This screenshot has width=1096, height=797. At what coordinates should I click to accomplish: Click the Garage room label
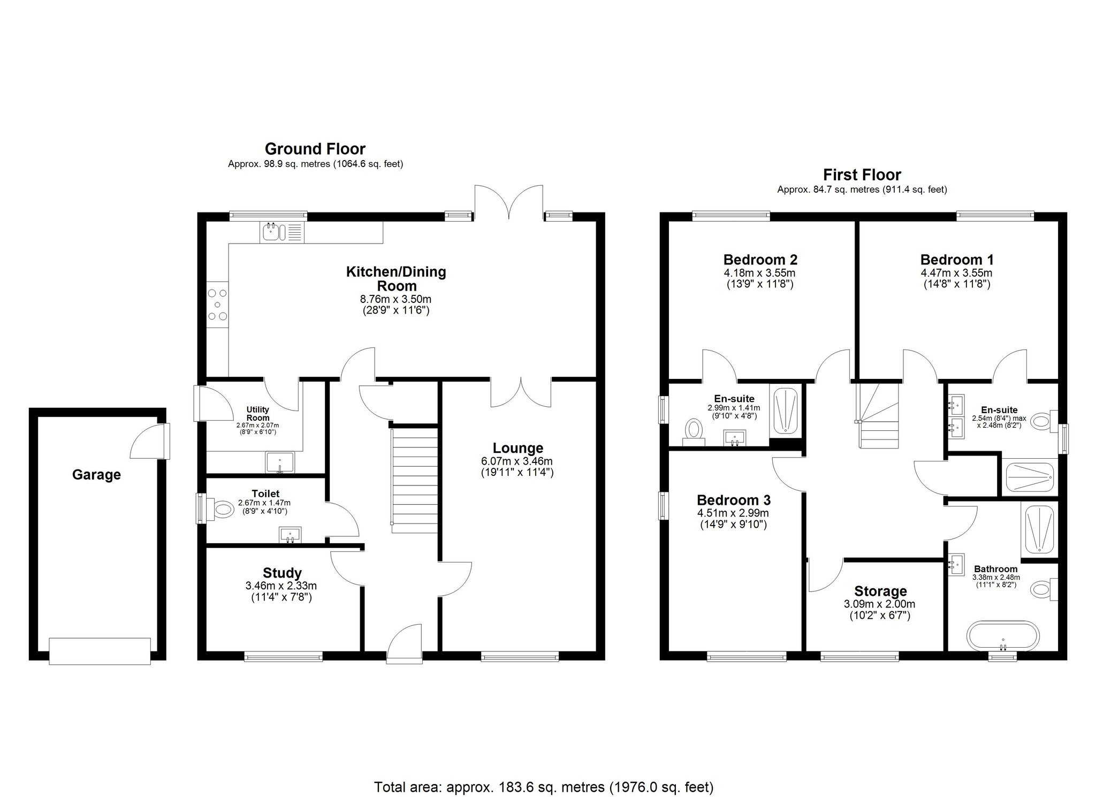click(96, 475)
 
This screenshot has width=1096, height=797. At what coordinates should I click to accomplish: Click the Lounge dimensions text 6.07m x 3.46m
click(517, 461)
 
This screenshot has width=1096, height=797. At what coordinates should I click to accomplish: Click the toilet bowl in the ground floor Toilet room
click(220, 508)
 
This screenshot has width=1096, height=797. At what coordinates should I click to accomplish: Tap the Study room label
click(282, 574)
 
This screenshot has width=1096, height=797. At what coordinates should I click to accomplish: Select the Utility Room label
click(257, 414)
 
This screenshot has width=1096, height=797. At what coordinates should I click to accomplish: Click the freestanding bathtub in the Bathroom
click(1003, 636)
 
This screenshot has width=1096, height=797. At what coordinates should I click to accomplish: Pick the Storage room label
click(880, 591)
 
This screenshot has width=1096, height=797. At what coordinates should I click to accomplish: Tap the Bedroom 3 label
click(734, 500)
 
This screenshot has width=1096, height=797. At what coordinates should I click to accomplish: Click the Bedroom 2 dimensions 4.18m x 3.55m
click(760, 273)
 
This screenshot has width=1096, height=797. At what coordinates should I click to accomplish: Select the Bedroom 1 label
click(957, 260)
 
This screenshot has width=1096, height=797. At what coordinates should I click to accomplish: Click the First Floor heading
click(862, 175)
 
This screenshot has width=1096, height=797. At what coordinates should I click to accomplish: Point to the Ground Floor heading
click(315, 149)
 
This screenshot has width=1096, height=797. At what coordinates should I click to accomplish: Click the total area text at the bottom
click(544, 772)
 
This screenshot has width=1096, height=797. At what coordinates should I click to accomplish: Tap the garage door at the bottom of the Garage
click(100, 651)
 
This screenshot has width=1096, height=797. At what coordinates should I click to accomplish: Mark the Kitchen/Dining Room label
click(396, 278)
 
